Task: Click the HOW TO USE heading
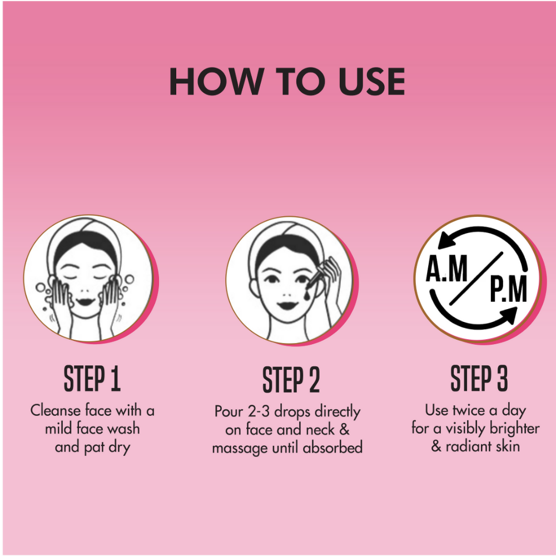[287, 81]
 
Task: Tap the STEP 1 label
[92, 378]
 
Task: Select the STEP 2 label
[291, 380]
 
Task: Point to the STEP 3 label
[479, 378]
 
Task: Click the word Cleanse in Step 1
[55, 411]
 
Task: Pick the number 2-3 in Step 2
[259, 411]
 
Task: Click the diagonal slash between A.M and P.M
[476, 279]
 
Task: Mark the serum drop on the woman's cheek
[306, 295]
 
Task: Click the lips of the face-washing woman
[85, 302]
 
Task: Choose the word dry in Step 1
[120, 448]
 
